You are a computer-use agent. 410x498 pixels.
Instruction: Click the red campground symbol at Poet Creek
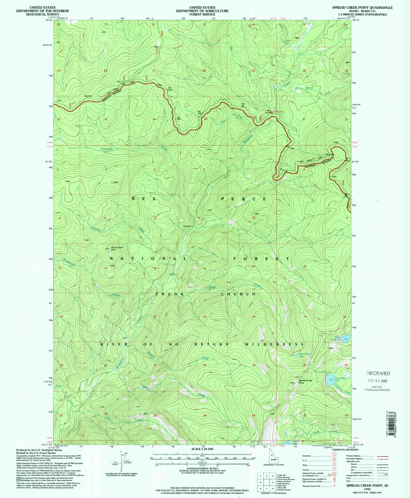(271, 112)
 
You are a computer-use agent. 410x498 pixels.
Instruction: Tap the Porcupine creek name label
(107, 149)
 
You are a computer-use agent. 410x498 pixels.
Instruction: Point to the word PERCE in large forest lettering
(244, 199)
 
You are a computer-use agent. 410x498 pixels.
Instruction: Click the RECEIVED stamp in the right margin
(378, 373)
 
